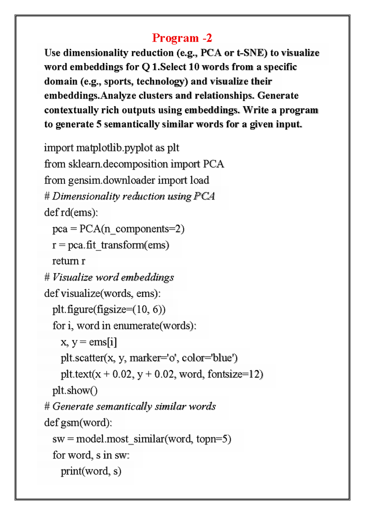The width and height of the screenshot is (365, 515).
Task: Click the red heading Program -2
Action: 182,38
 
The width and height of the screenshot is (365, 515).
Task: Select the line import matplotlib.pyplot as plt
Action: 112,148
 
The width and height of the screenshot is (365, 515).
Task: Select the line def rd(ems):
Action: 71,212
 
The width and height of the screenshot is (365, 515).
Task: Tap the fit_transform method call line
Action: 111,245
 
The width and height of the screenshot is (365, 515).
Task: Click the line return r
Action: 69,261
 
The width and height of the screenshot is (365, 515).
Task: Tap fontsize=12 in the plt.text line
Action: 235,374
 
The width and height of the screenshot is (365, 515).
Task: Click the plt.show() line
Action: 75,390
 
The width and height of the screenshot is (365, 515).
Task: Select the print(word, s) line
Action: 91,471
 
